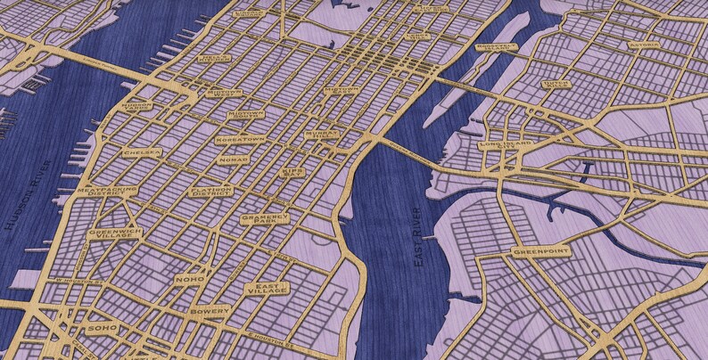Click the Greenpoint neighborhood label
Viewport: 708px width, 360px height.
coord(541,252)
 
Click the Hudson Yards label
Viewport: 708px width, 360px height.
coord(136,106)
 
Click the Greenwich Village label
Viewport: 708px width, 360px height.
coord(114,233)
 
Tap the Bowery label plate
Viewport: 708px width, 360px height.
coord(209,311)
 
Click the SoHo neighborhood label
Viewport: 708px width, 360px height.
coord(95,329)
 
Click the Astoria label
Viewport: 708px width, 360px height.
coord(645,44)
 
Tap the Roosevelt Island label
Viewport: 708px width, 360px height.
coord(496,46)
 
